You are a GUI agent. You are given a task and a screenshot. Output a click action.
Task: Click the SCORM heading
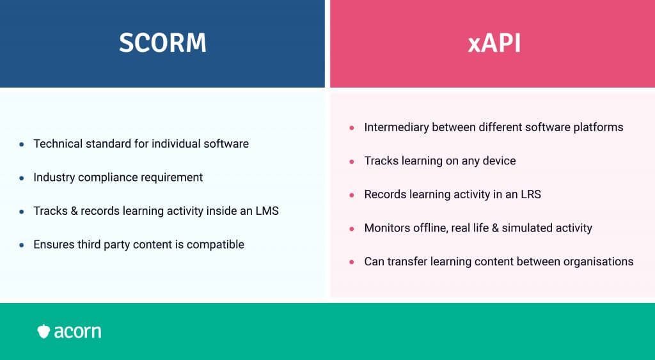[x=162, y=43]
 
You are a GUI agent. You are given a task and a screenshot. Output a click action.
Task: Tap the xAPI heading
[x=494, y=43]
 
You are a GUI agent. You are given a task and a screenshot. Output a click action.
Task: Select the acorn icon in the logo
[x=43, y=331]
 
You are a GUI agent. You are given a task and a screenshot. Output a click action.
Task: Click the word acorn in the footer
[x=77, y=332]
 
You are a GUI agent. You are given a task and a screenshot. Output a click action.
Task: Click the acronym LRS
[x=530, y=194]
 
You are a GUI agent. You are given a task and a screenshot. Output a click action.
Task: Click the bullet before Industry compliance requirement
[x=22, y=178]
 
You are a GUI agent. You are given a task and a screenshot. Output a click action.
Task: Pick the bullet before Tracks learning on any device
[x=352, y=161]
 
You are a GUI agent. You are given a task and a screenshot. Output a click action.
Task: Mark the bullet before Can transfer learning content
[x=352, y=262]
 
